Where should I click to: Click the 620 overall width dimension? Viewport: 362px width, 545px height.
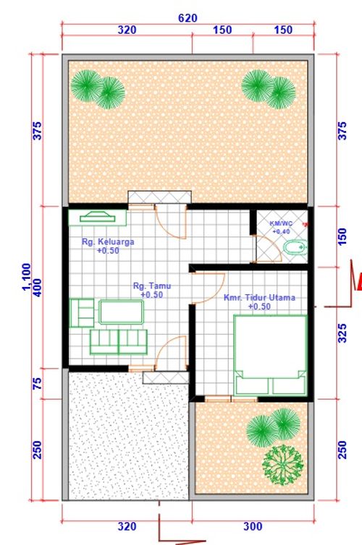(x=188, y=18)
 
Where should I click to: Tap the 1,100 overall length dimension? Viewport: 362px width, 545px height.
(x=27, y=277)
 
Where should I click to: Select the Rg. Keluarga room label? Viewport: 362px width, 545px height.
(x=108, y=241)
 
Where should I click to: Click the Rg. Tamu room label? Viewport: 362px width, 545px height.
(x=152, y=286)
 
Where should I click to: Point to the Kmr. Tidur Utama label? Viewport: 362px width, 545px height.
(x=259, y=298)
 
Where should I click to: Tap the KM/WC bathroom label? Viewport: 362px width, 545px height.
(x=281, y=223)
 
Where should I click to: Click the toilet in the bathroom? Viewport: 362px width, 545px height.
(x=295, y=247)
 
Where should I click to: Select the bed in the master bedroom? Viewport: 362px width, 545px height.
(x=271, y=355)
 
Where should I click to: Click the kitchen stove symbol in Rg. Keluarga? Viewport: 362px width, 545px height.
(x=98, y=218)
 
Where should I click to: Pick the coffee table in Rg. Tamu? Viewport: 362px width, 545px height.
(x=121, y=312)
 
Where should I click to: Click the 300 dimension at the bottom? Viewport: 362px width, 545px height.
(x=253, y=526)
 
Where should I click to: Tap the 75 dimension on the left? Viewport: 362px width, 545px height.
(x=37, y=384)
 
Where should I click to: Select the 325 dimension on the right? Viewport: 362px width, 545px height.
(x=342, y=333)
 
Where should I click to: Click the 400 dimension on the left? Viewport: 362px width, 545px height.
(x=37, y=287)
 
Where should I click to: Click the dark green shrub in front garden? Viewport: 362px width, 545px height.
(x=283, y=465)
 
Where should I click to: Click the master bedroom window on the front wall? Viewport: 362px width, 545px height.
(x=231, y=399)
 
